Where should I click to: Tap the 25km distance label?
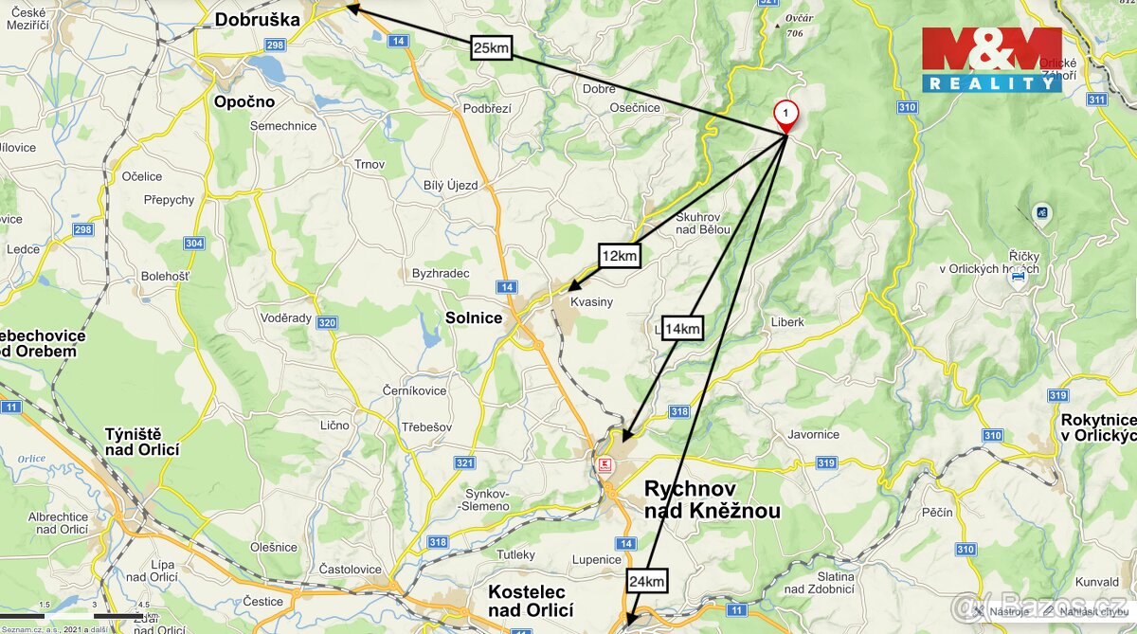491,46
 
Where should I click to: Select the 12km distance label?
620,256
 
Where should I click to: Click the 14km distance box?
682,329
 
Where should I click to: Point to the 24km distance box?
646,581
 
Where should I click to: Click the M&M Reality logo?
991,59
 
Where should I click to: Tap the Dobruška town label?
257,19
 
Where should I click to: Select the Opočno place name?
244,101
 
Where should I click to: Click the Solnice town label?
474,317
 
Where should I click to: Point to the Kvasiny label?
591,301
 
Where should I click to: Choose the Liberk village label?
787,322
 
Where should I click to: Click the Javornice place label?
813,434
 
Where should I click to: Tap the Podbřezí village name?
487,108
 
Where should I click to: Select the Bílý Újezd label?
451,185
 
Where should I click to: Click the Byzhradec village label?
441,273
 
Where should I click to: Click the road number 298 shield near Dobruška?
276,45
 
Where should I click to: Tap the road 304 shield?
193,244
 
